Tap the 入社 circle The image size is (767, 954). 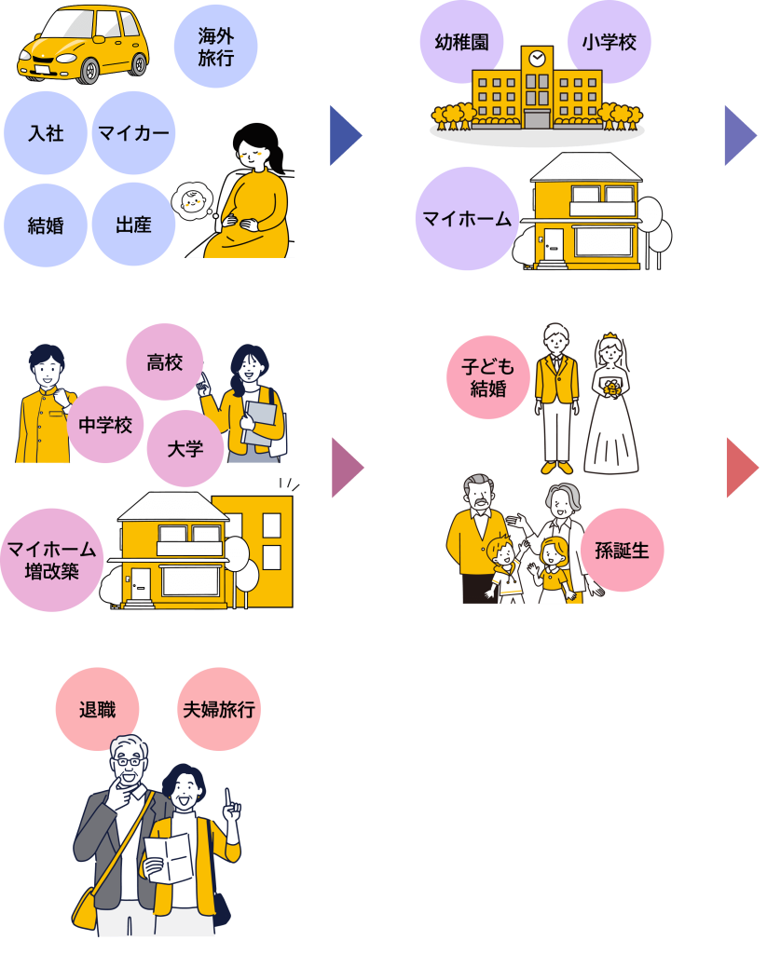click(x=46, y=132)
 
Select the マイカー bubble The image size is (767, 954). click(x=134, y=132)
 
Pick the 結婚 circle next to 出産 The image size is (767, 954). click(x=46, y=225)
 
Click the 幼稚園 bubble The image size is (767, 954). click(x=462, y=42)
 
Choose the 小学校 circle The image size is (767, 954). click(x=609, y=42)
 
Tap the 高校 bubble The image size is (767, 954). click(x=165, y=362)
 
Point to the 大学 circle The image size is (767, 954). click(x=185, y=448)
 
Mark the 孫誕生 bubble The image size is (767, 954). click(x=623, y=550)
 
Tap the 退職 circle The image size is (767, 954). click(x=98, y=709)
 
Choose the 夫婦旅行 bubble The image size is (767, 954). click(x=219, y=709)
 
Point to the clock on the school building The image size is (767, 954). click(x=537, y=58)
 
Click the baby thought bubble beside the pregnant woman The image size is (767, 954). click(x=194, y=201)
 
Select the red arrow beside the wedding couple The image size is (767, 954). click(x=742, y=467)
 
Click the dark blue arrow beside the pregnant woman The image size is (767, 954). click(x=345, y=136)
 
